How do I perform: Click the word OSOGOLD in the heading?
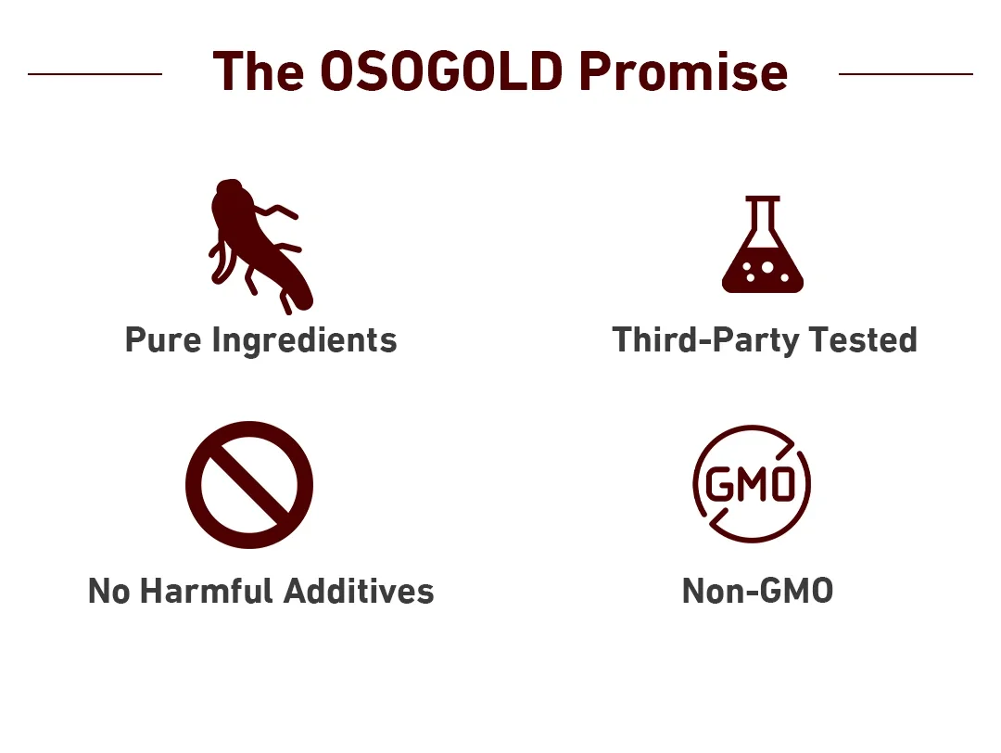click(x=441, y=70)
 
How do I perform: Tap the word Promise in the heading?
click(x=684, y=70)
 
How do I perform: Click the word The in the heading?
click(x=258, y=70)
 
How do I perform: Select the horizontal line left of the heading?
click(x=95, y=74)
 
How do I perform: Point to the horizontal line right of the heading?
click(x=906, y=74)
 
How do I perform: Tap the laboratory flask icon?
click(x=762, y=245)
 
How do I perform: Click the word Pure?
click(x=163, y=339)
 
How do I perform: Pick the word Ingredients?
click(x=305, y=340)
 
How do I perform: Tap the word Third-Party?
click(x=705, y=340)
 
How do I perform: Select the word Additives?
click(x=359, y=591)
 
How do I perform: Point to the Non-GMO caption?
click(x=758, y=591)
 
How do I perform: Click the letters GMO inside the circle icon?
click(x=751, y=484)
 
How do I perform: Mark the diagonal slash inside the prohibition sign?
click(x=249, y=485)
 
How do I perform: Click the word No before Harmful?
click(x=108, y=591)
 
